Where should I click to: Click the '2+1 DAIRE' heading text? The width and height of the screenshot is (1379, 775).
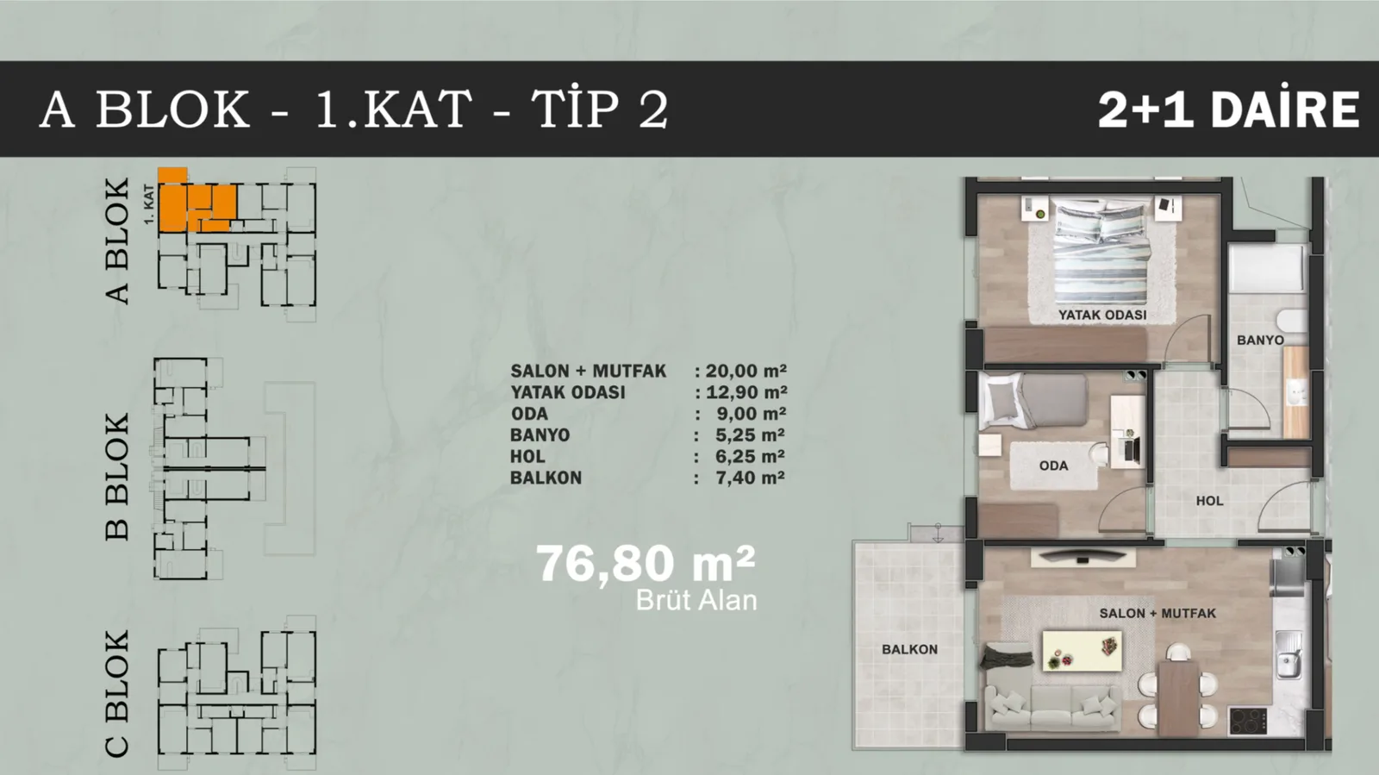[x=1229, y=109]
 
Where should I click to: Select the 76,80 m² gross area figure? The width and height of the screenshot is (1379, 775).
[x=646, y=563]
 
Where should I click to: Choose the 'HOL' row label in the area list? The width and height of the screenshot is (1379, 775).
[x=527, y=456]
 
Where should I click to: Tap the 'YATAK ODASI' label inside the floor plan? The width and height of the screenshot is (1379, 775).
[x=1102, y=316]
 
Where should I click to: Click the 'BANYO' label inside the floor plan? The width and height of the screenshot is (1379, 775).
[x=1260, y=341]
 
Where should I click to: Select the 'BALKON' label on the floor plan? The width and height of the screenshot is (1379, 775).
[x=909, y=649]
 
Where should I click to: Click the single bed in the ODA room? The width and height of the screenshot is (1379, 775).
[x=1033, y=401]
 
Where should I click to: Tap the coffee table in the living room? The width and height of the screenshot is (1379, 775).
[x=1082, y=651]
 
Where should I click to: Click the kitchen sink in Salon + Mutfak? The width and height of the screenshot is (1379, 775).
[x=1289, y=654]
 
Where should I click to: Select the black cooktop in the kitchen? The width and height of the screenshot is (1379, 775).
[x=1248, y=722]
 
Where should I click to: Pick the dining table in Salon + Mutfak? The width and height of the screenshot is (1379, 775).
[x=1178, y=697]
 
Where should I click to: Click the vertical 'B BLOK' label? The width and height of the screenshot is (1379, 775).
[x=117, y=477]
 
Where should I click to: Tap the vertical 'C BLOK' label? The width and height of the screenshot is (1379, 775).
[x=117, y=694]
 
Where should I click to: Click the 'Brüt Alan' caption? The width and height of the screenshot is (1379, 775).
[x=696, y=600]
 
